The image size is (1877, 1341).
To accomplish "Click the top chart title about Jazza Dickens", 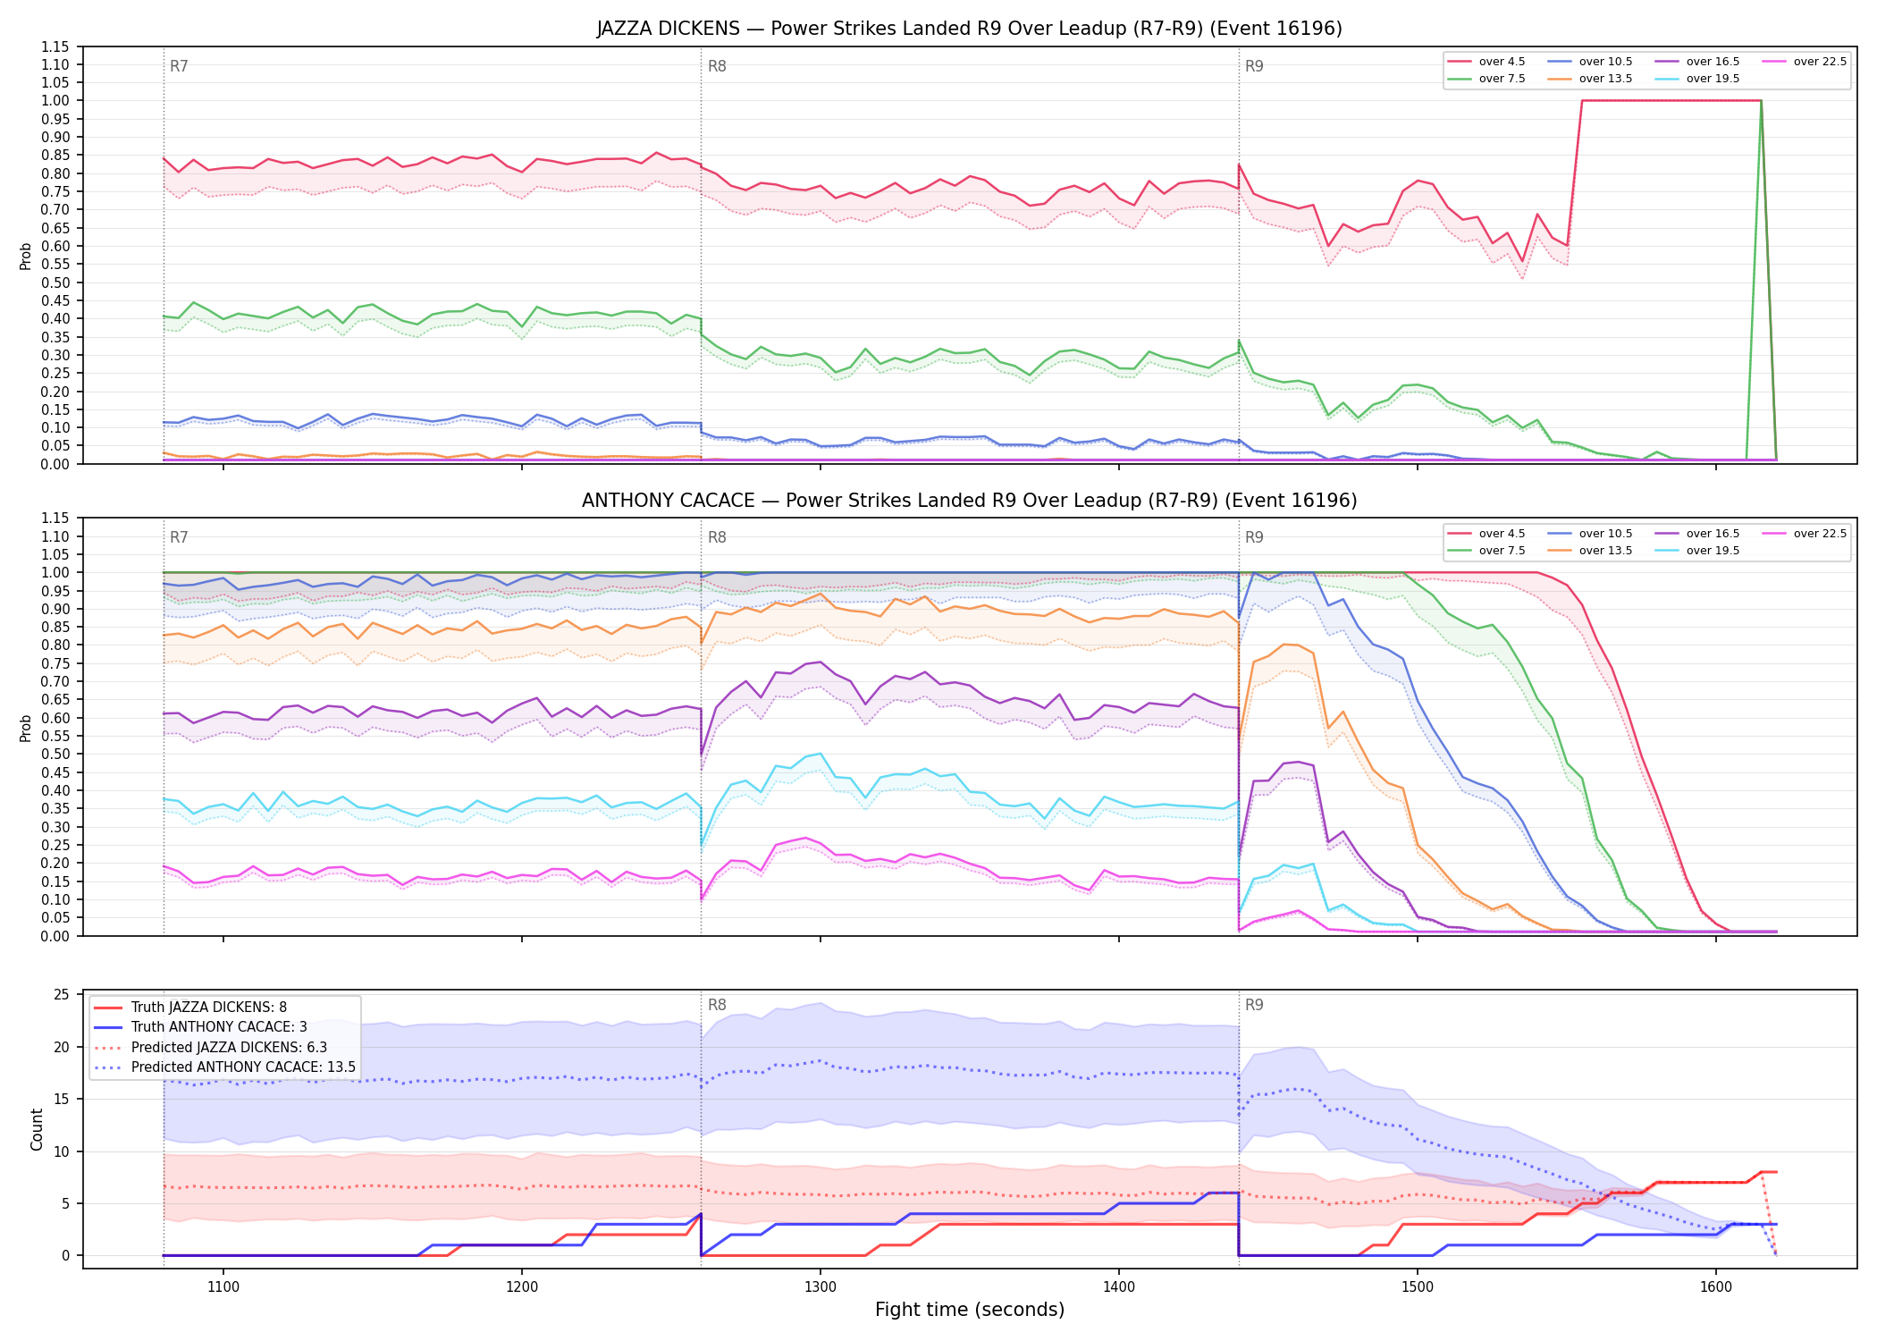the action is (x=969, y=29).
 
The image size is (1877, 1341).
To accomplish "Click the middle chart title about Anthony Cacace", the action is (x=969, y=501).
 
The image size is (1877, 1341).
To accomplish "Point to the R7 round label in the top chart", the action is (x=179, y=66).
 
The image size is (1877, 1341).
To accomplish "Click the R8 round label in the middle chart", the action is (x=717, y=537).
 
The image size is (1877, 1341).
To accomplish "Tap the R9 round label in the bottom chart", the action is (x=1254, y=1005).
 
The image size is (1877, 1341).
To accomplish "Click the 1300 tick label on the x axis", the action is (x=821, y=1287).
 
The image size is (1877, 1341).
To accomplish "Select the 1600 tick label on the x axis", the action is (x=1716, y=1287).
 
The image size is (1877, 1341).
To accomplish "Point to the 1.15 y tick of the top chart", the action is (x=55, y=46).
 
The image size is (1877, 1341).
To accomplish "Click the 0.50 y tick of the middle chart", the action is (x=55, y=755).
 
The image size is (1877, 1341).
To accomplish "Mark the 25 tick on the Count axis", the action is (x=62, y=995).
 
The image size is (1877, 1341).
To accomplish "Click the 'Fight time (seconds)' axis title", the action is (x=970, y=1310).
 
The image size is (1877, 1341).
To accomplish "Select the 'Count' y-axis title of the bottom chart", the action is (x=37, y=1129).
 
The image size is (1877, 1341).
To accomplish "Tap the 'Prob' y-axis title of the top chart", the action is (x=26, y=256).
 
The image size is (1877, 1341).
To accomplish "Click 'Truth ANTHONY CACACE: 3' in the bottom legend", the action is (x=219, y=1027).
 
